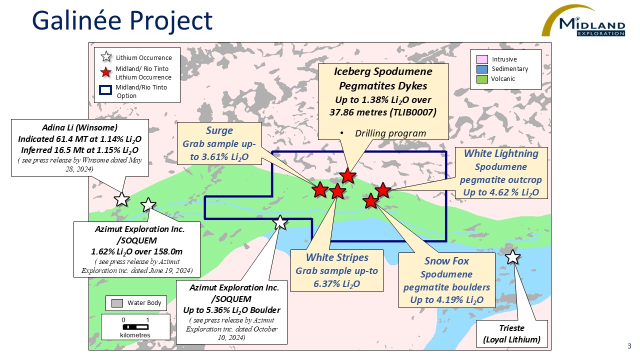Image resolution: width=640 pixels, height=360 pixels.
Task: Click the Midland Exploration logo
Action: pyautogui.click(x=585, y=22)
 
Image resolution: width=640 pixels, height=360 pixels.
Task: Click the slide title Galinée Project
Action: pyautogui.click(x=122, y=21)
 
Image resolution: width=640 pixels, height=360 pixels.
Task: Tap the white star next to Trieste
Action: pyautogui.click(x=513, y=257)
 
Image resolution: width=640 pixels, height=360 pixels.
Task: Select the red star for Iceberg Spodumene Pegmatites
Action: pyautogui.click(x=347, y=175)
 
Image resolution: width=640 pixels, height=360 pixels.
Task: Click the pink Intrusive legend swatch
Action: pyautogui.click(x=482, y=60)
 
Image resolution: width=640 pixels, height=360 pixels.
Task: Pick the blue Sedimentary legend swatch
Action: pyautogui.click(x=482, y=69)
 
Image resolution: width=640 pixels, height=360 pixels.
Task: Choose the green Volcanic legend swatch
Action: pyautogui.click(x=482, y=78)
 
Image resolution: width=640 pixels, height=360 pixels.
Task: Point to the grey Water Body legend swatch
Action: pyautogui.click(x=117, y=303)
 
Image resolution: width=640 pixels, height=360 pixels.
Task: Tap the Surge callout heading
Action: pyautogui.click(x=219, y=131)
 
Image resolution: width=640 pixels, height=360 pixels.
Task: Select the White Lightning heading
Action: pyautogui.click(x=501, y=153)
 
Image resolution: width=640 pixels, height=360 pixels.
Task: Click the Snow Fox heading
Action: pyautogui.click(x=446, y=261)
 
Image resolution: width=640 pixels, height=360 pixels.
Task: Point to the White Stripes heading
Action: pyautogui.click(x=337, y=257)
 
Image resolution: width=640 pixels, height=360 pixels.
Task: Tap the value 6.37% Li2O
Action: pyautogui.click(x=337, y=284)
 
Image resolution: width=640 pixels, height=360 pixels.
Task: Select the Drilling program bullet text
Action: pyautogui.click(x=390, y=133)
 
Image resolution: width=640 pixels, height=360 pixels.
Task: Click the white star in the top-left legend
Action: pyautogui.click(x=106, y=57)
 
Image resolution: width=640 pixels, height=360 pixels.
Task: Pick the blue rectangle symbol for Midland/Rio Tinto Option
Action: pyautogui.click(x=105, y=90)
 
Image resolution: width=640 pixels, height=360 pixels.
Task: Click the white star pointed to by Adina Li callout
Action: pyautogui.click(x=121, y=199)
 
